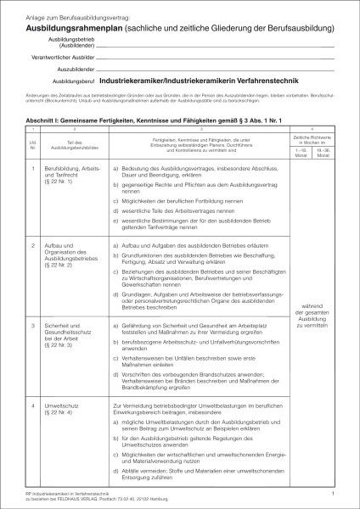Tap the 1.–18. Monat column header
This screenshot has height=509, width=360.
[303, 131]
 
